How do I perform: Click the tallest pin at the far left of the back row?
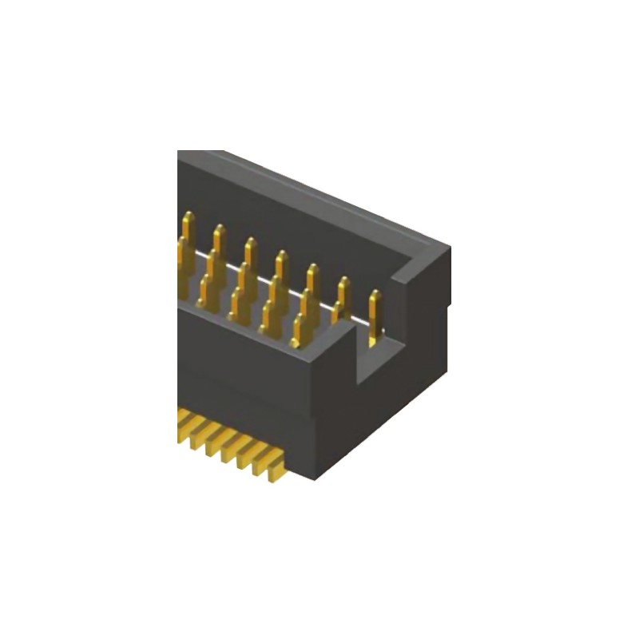[x=189, y=228]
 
